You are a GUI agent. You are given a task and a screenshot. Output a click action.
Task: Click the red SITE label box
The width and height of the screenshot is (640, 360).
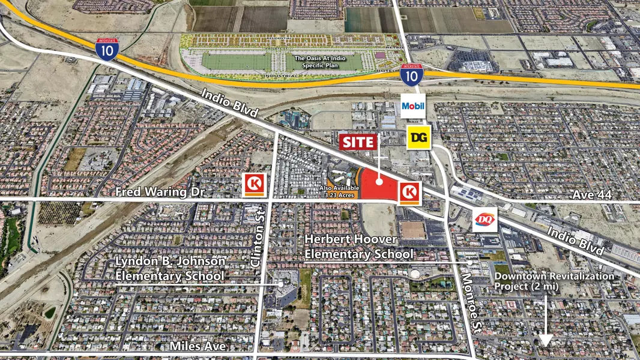(359, 142)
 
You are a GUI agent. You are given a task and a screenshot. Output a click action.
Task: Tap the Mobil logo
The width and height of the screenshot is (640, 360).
(413, 106)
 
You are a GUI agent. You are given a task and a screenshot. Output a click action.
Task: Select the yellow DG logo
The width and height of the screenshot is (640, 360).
(418, 138)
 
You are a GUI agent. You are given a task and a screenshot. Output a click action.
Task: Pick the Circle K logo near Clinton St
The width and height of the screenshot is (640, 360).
(253, 185)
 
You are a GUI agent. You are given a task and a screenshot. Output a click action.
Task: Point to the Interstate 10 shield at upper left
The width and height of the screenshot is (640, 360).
(106, 49)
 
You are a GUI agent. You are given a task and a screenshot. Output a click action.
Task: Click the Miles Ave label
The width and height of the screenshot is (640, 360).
(197, 346)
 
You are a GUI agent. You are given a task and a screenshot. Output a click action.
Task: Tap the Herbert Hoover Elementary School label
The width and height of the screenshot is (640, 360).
(359, 247)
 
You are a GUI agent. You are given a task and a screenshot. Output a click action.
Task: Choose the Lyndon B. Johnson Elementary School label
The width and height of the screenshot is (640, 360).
(171, 268)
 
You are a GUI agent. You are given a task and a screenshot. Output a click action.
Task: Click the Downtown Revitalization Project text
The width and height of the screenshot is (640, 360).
(554, 280)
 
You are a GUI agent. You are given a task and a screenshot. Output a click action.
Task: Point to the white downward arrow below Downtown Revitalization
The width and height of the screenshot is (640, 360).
(545, 324)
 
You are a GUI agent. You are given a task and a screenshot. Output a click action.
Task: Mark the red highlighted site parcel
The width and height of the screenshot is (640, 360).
(381, 186)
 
